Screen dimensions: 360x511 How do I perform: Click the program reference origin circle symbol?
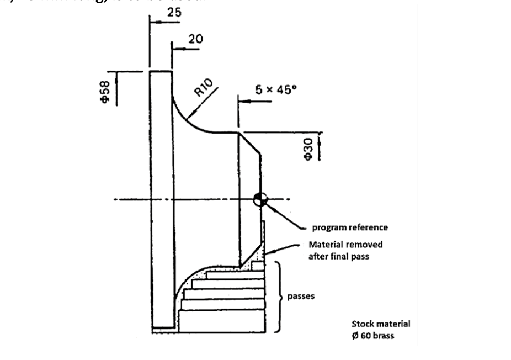tap(260, 199)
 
